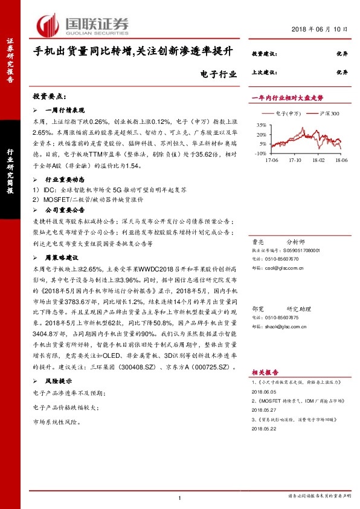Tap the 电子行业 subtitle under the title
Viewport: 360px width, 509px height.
(x=216, y=74)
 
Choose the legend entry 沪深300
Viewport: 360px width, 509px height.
(x=330, y=114)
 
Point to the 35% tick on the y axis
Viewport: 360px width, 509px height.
(x=261, y=124)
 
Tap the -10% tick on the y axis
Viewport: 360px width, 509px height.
(x=260, y=154)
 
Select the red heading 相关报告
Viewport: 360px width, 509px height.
(x=263, y=373)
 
